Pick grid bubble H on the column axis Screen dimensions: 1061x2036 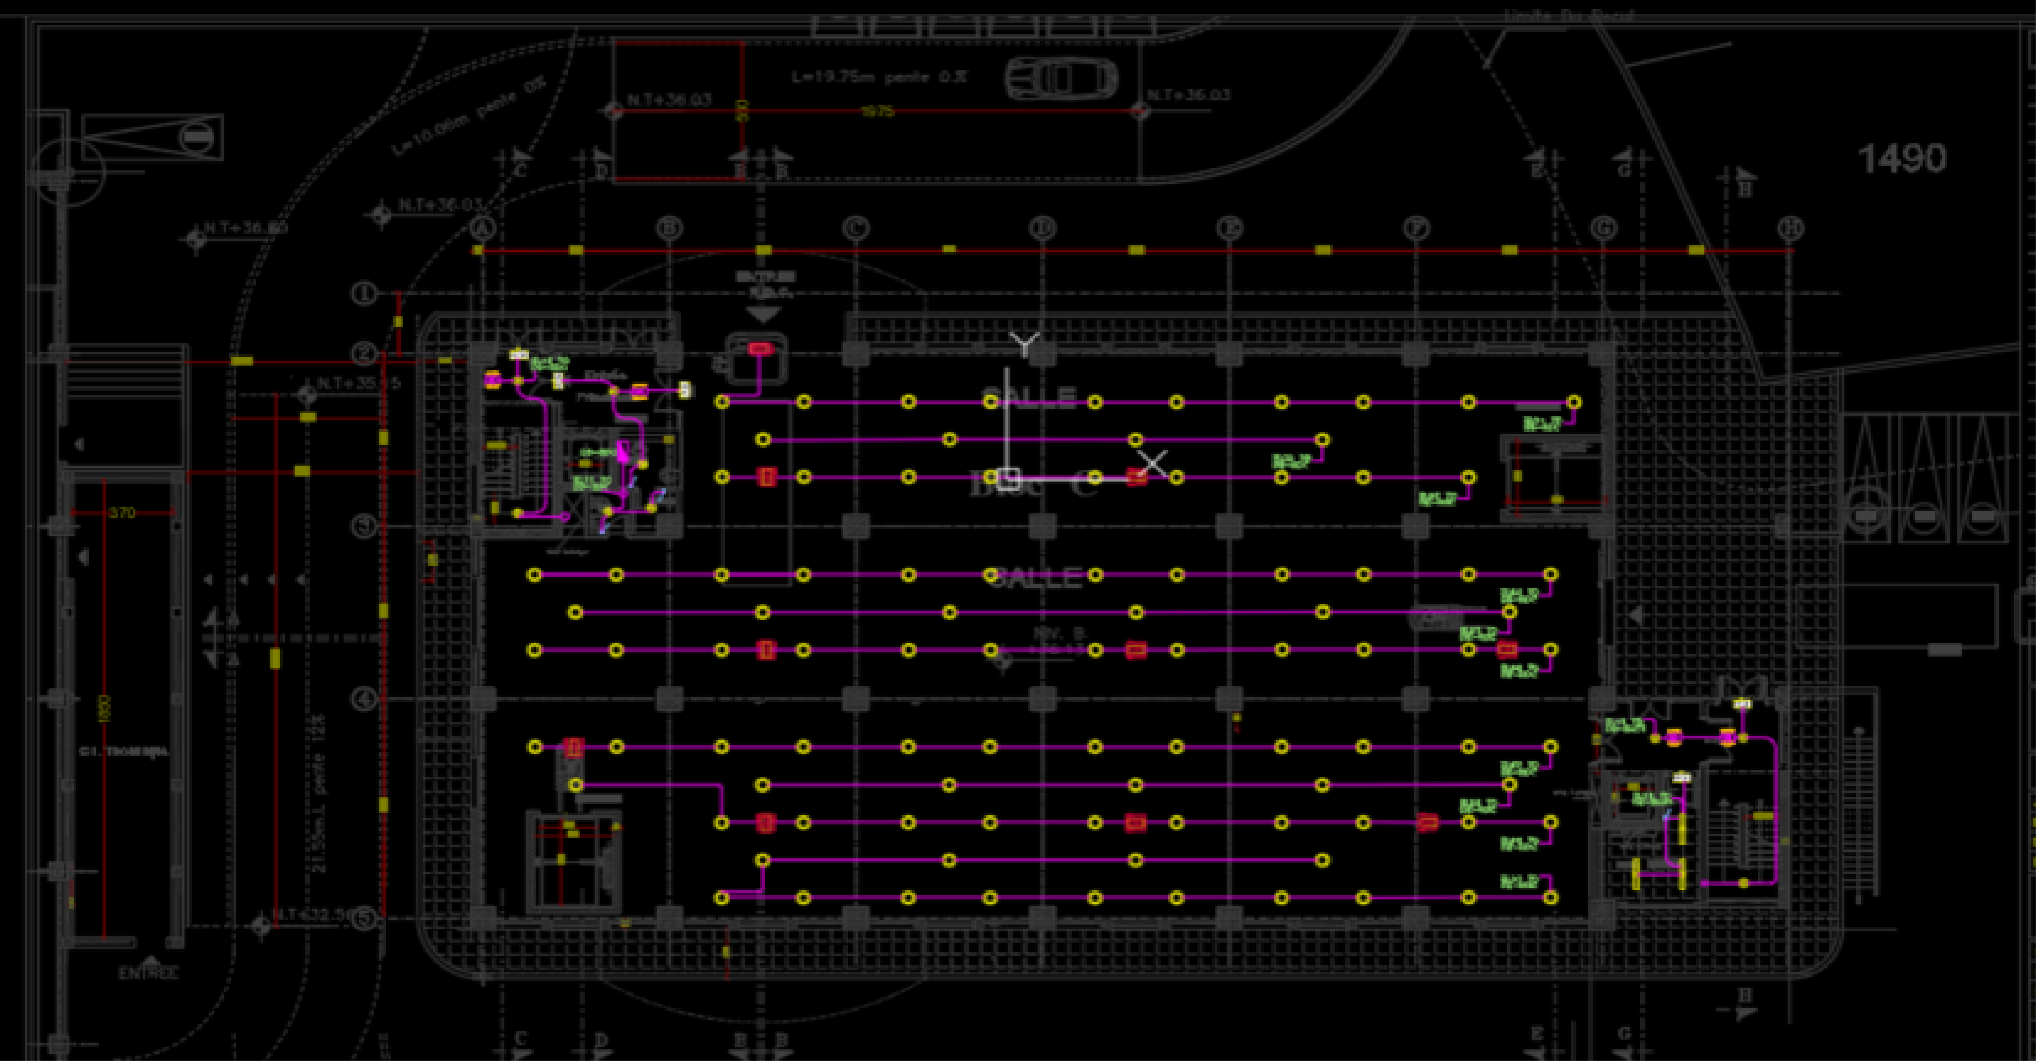click(x=1790, y=228)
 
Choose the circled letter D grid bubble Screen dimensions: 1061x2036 click(x=1043, y=228)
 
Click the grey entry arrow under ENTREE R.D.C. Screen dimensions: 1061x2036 click(x=763, y=314)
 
